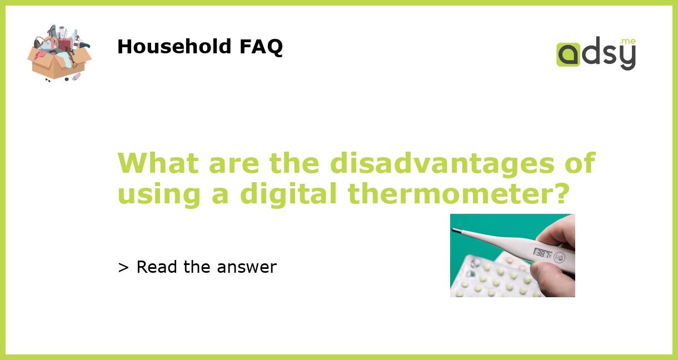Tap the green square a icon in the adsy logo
[x=568, y=55]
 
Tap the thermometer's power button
[x=560, y=257]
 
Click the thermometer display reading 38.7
[x=542, y=253]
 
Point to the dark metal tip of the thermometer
[x=455, y=230]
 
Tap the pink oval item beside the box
[x=76, y=76]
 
